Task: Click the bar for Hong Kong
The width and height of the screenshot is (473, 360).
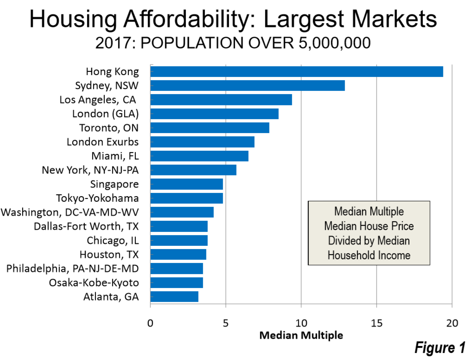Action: click(296, 71)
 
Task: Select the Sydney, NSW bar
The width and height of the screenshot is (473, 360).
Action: click(247, 85)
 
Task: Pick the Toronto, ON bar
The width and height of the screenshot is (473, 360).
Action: click(210, 128)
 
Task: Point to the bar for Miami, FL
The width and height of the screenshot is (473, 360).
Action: click(199, 156)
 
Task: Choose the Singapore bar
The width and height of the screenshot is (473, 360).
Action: click(186, 184)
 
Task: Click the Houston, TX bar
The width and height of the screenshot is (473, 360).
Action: click(178, 254)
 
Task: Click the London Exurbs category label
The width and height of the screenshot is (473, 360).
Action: click(102, 142)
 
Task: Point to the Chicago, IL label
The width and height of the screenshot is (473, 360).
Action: click(113, 240)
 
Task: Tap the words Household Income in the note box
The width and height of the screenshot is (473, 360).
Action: click(369, 255)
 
